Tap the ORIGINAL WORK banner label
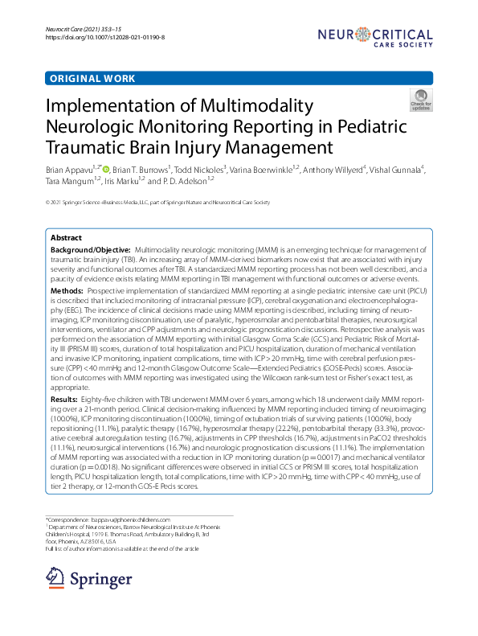[x=92, y=79]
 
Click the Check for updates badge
[x=420, y=101]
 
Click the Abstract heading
[x=66, y=238]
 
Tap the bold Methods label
[x=67, y=289]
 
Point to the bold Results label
[x=64, y=375]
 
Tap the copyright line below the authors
[x=157, y=203]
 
